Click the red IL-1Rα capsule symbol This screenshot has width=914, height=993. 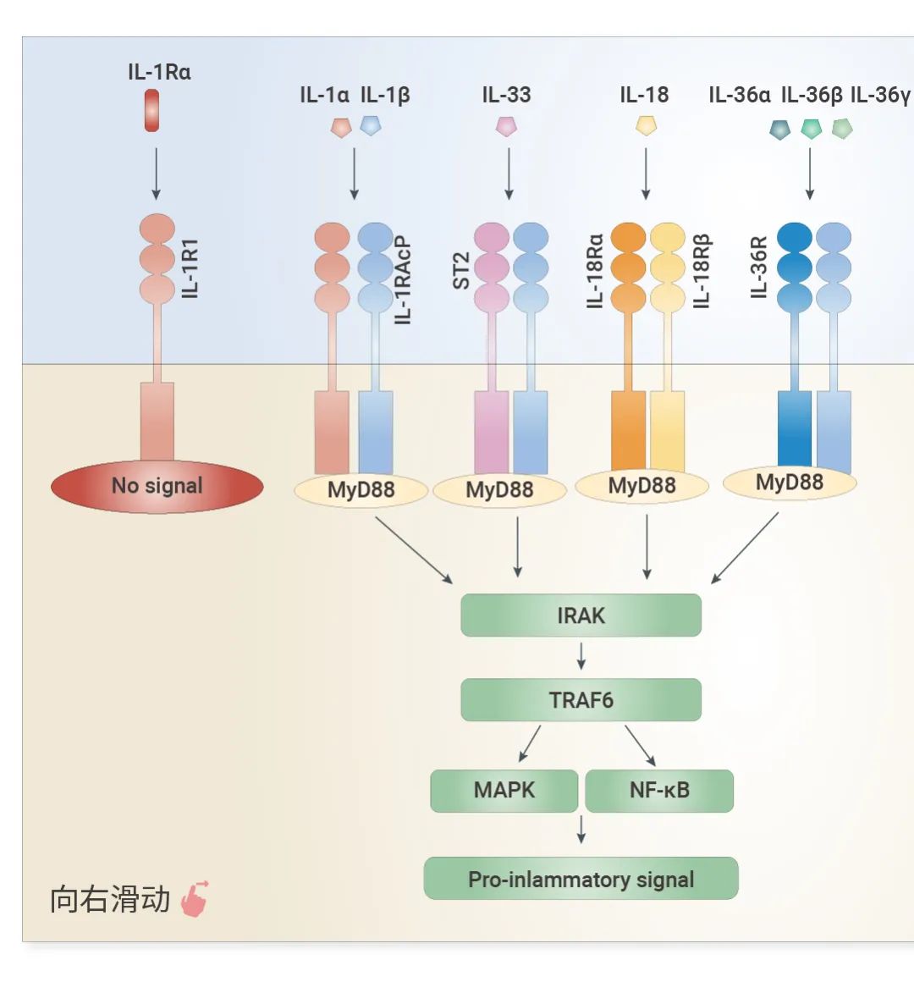pyautogui.click(x=152, y=112)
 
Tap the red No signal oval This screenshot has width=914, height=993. pyautogui.click(x=157, y=486)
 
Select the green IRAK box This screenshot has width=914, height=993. pyautogui.click(x=581, y=615)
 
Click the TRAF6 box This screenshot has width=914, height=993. pyautogui.click(x=581, y=700)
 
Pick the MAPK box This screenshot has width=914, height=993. pyautogui.click(x=504, y=791)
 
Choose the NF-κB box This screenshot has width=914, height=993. pyautogui.click(x=659, y=791)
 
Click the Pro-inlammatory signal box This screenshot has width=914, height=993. pyautogui.click(x=581, y=879)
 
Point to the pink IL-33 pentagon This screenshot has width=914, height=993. pyautogui.click(x=506, y=127)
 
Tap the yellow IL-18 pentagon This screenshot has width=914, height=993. pyautogui.click(x=646, y=126)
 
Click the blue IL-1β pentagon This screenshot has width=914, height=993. pyautogui.click(x=371, y=126)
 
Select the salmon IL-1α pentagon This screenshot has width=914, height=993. pyautogui.click(x=340, y=127)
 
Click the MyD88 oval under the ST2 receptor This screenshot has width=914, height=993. pyautogui.click(x=499, y=490)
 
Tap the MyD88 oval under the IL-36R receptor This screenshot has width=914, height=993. pyautogui.click(x=789, y=483)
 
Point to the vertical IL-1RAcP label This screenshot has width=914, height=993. pyautogui.click(x=403, y=279)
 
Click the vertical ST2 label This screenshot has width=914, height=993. pyautogui.click(x=461, y=271)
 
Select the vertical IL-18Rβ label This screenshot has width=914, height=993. pyautogui.click(x=702, y=271)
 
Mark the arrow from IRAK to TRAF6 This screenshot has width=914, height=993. pyautogui.click(x=581, y=656)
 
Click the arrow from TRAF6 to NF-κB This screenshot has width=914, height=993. pyautogui.click(x=640, y=745)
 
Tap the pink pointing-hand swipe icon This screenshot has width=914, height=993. pyautogui.click(x=195, y=899)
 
